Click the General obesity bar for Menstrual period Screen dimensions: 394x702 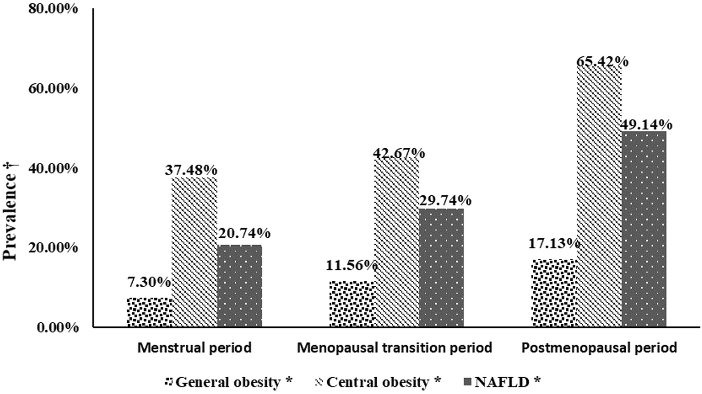[x=149, y=312]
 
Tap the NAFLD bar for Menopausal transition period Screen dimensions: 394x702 [x=441, y=267]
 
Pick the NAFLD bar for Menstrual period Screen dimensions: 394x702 [x=239, y=286]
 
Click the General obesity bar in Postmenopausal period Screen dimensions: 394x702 [x=554, y=293]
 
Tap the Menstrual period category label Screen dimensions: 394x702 [x=194, y=348]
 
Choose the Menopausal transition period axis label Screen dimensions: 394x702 [x=395, y=348]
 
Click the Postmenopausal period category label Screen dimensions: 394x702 [x=599, y=348]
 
